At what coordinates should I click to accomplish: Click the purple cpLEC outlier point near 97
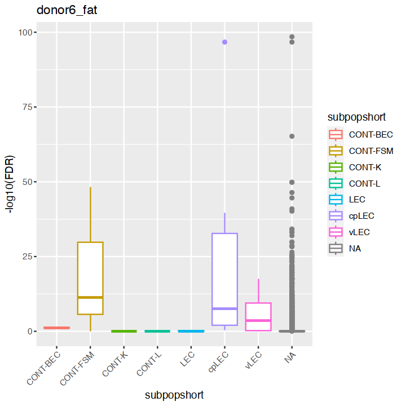pyautogui.click(x=224, y=42)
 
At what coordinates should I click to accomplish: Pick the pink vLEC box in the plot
pyautogui.click(x=258, y=316)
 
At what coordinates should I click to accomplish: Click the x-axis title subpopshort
pyautogui.click(x=174, y=395)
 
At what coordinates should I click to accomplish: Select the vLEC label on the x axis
pyautogui.click(x=254, y=361)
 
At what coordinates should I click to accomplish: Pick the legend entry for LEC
pyautogui.click(x=357, y=199)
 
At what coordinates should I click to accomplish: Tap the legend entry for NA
pyautogui.click(x=355, y=248)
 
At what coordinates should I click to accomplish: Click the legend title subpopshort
pyautogui.click(x=356, y=117)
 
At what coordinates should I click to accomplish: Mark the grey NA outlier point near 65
pyautogui.click(x=292, y=136)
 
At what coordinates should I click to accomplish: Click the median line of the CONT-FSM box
pyautogui.click(x=90, y=297)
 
